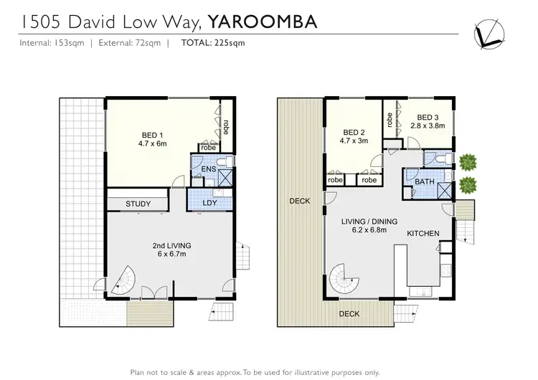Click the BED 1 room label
click(151, 138)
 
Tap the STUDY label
click(138, 204)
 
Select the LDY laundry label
click(209, 204)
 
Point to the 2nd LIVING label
click(169, 250)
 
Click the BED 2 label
click(354, 137)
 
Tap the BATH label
click(425, 183)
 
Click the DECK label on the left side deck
click(300, 201)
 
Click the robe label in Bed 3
click(390, 120)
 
